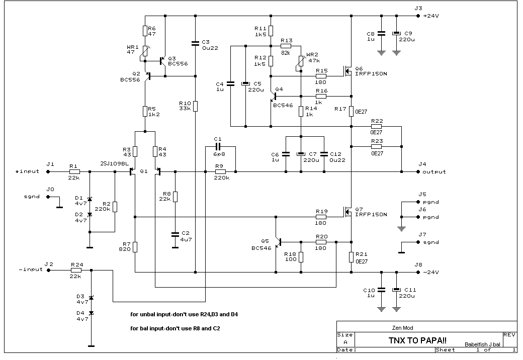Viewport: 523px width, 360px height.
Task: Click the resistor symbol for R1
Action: (74, 171)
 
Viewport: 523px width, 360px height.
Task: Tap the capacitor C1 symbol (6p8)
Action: (218, 147)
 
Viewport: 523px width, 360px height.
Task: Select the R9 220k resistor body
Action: (220, 171)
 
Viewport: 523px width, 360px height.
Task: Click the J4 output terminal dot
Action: (418, 171)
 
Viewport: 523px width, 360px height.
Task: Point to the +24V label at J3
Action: (431, 16)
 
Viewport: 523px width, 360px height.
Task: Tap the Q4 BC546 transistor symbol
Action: (274, 97)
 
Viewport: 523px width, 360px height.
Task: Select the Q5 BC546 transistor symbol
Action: (278, 242)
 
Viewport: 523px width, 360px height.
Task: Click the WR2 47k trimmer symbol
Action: (301, 63)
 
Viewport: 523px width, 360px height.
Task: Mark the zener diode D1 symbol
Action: (90, 199)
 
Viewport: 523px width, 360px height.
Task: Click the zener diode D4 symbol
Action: (92, 313)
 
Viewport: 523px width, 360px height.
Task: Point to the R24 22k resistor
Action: (76, 271)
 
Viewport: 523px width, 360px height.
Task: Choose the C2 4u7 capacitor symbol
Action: (175, 235)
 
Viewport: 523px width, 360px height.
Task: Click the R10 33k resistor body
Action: (196, 106)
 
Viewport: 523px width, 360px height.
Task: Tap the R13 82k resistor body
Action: (286, 46)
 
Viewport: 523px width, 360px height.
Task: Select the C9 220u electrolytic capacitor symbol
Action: (396, 33)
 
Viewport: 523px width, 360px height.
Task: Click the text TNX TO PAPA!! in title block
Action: (417, 340)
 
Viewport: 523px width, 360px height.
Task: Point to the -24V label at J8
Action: (431, 273)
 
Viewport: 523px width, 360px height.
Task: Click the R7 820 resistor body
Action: (135, 247)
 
